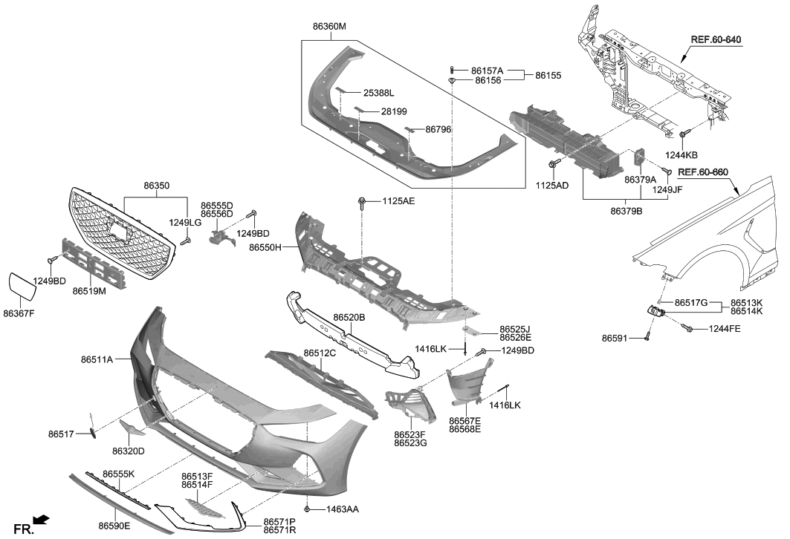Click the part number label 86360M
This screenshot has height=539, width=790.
pyautogui.click(x=329, y=26)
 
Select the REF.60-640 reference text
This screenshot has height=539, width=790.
pyautogui.click(x=716, y=39)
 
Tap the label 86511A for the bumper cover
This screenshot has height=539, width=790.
pyautogui.click(x=97, y=359)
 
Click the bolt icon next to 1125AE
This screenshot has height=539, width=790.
pyautogui.click(x=362, y=201)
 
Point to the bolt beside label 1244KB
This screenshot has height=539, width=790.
pyautogui.click(x=682, y=134)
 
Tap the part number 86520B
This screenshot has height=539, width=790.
pyautogui.click(x=349, y=317)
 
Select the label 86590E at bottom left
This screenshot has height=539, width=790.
pyautogui.click(x=114, y=526)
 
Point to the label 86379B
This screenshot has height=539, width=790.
pyautogui.click(x=627, y=211)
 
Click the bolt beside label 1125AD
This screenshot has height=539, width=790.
pyautogui.click(x=552, y=164)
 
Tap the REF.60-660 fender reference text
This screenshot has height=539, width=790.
pyautogui.click(x=702, y=172)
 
